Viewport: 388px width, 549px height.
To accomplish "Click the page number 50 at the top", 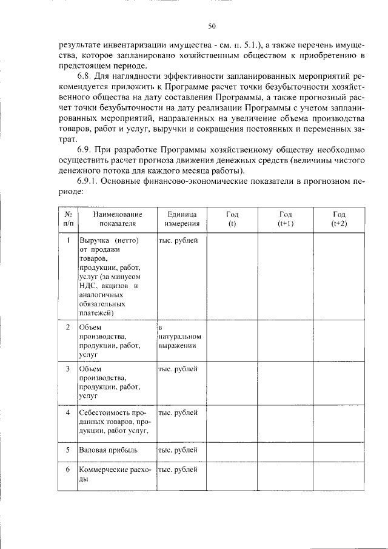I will click(212, 25).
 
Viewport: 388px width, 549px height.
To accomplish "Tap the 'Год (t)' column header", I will click(232, 219).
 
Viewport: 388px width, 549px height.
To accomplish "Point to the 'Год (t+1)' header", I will click(286, 219).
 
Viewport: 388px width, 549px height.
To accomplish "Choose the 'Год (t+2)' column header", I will click(339, 219).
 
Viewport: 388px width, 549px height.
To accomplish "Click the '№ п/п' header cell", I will click(69, 219).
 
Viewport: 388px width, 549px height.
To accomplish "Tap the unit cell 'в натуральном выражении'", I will click(180, 337).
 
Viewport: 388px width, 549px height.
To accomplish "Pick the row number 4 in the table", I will click(69, 413).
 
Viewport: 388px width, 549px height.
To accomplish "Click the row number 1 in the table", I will click(69, 240).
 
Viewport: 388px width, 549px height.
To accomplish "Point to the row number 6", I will click(69, 470).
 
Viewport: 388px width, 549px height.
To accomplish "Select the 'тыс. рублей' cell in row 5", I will click(178, 451).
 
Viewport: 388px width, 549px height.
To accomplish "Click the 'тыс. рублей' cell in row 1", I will click(178, 240).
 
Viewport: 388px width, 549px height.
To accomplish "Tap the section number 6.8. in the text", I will click(87, 78).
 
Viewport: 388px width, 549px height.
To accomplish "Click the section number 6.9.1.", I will click(90, 181).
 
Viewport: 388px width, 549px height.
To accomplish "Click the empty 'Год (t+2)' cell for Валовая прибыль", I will click(339, 451).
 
